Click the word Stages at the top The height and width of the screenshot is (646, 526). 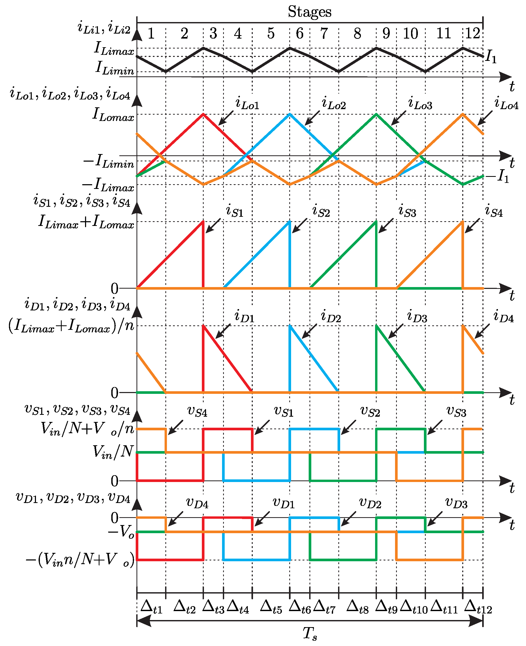tap(309, 12)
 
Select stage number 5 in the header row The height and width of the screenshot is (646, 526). tap(271, 33)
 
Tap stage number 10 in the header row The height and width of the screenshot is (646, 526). tap(410, 33)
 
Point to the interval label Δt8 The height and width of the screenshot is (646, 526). tap(357, 607)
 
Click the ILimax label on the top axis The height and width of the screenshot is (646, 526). tap(114, 49)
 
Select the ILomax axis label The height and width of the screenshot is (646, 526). tap(113, 115)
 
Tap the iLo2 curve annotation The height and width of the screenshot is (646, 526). tap(334, 104)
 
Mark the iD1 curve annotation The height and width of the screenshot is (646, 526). tap(244, 316)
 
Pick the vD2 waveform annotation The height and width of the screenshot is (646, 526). tap(370, 503)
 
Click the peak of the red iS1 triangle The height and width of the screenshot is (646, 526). tap(203, 222)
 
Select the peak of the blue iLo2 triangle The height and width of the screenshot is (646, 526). tap(290, 114)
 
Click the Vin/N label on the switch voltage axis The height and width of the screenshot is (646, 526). tap(113, 452)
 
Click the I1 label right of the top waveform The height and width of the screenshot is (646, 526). tap(491, 57)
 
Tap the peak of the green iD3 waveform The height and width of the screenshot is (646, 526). tap(376, 326)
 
